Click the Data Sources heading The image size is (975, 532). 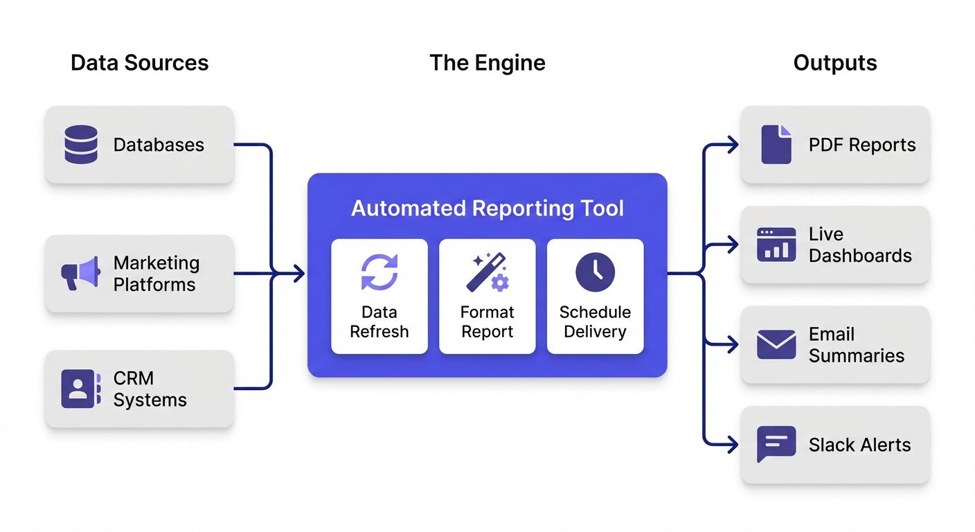(139, 63)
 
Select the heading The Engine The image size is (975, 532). (487, 63)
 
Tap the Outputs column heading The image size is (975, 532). (834, 63)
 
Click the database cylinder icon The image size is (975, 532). (81, 144)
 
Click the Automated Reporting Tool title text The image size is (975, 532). (487, 209)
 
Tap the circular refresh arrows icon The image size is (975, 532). (379, 272)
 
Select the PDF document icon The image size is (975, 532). (776, 144)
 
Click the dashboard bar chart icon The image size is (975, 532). (776, 245)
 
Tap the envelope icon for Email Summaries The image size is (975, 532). (776, 344)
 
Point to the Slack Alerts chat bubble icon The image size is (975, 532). (776, 444)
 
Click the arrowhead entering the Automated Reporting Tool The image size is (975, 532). (298, 274)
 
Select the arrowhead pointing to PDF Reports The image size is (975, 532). (733, 145)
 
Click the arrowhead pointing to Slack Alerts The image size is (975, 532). (733, 444)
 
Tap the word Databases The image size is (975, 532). (159, 145)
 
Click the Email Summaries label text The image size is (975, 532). (856, 345)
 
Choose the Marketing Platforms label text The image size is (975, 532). (156, 274)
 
